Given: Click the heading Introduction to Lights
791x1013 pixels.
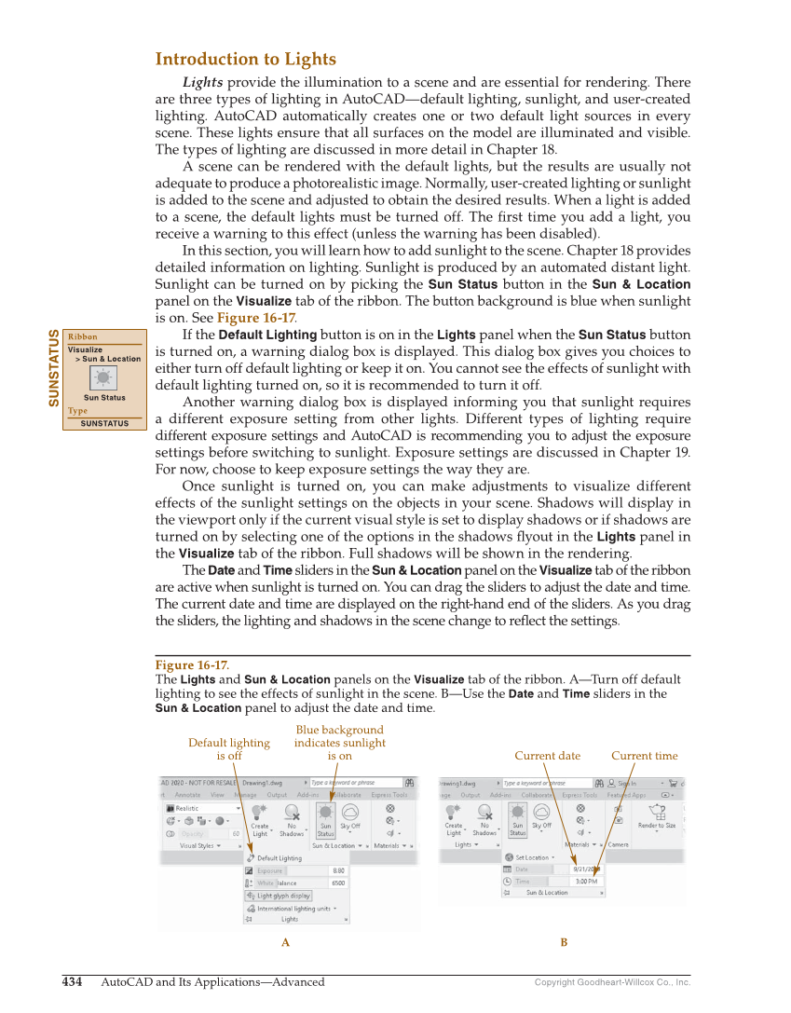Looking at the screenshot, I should pyautogui.click(x=245, y=60).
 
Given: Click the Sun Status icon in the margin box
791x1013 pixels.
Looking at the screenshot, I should pyautogui.click(x=103, y=377).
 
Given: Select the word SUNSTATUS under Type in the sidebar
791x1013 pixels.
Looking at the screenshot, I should pyautogui.click(x=103, y=424).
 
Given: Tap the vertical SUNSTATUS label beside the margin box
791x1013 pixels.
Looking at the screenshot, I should pyautogui.click(x=54, y=368).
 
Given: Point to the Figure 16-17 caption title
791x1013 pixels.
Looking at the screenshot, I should pyautogui.click(x=191, y=665).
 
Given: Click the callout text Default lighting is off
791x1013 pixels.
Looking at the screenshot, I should pyautogui.click(x=229, y=749).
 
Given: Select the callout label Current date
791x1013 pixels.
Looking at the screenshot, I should pyautogui.click(x=547, y=756).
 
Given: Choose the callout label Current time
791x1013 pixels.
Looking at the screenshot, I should pyautogui.click(x=644, y=756).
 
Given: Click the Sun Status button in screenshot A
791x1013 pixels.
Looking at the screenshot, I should pyautogui.click(x=326, y=820).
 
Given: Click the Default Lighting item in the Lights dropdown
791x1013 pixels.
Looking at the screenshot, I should pyautogui.click(x=279, y=858).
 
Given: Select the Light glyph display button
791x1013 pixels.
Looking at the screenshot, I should pyautogui.click(x=283, y=896).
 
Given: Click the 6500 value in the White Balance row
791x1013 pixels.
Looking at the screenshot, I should pyautogui.click(x=338, y=883).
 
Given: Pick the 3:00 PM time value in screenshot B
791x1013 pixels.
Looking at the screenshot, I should pyautogui.click(x=586, y=881).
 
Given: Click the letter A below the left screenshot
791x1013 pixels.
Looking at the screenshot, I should pyautogui.click(x=286, y=943).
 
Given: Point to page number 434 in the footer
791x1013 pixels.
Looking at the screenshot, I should pyautogui.click(x=72, y=982).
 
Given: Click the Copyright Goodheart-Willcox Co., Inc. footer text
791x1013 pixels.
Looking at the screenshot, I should pyautogui.click(x=612, y=982).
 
